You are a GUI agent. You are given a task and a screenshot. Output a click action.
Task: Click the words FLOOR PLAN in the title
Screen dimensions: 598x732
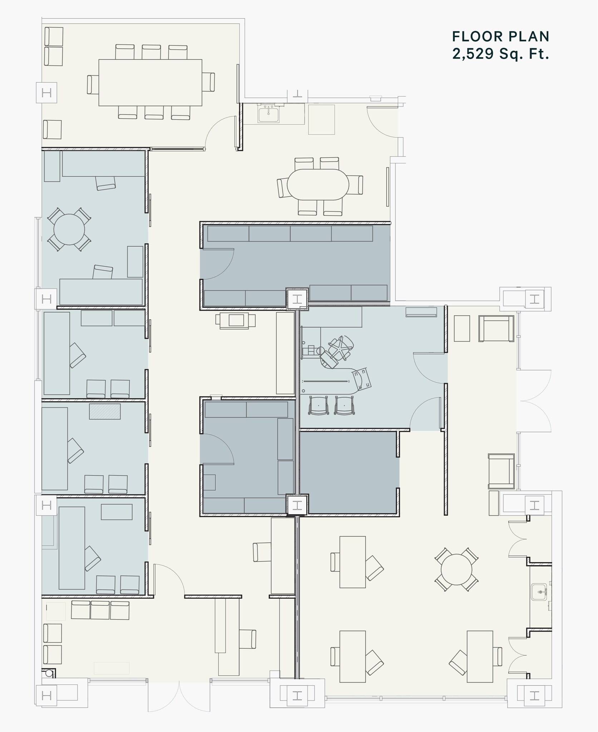[501, 36]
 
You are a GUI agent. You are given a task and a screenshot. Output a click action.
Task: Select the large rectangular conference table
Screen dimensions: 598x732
[150, 83]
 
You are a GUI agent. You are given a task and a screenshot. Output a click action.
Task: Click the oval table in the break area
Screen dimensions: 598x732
[318, 184]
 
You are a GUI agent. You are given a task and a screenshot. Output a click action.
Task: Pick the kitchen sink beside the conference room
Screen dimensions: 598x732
[269, 114]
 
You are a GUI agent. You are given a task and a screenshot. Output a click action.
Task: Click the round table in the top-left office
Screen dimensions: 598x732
[69, 229]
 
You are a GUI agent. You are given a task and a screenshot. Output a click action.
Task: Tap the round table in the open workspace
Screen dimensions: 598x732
[456, 569]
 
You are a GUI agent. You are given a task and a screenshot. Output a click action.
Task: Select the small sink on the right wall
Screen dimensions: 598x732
[539, 592]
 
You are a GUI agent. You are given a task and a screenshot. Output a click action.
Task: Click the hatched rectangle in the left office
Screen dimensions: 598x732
[105, 411]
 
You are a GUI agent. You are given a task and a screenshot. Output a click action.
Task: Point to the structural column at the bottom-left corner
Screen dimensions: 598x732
[46, 695]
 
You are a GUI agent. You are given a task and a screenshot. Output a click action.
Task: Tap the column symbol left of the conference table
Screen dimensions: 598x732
[46, 93]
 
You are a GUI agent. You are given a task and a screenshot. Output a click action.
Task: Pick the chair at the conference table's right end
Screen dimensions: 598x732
[208, 82]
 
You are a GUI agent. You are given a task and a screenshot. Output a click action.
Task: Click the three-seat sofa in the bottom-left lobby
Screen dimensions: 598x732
[100, 610]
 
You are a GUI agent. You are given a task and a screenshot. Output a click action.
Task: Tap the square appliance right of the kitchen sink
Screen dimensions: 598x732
[321, 119]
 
